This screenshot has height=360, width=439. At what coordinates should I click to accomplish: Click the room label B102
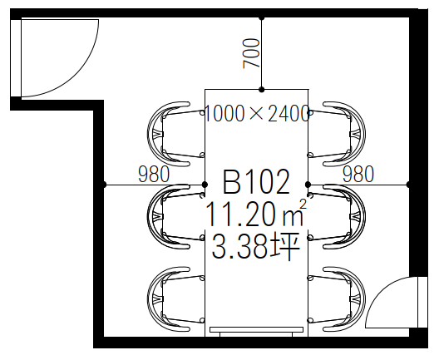click(256, 182)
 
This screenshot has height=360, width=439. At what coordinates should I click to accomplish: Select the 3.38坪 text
click(256, 246)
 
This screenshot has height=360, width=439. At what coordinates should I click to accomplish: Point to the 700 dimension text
click(251, 53)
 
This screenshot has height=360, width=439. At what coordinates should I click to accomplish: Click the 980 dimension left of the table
click(154, 174)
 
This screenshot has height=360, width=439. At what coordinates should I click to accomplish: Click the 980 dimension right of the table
click(358, 174)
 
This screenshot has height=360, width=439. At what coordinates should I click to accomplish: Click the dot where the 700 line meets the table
click(262, 90)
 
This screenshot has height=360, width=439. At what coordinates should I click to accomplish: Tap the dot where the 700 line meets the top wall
click(262, 18)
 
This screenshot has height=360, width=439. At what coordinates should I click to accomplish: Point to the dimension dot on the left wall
click(104, 185)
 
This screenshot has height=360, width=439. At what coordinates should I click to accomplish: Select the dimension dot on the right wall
click(408, 185)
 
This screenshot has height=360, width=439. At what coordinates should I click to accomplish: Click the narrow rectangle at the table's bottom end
click(256, 329)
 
